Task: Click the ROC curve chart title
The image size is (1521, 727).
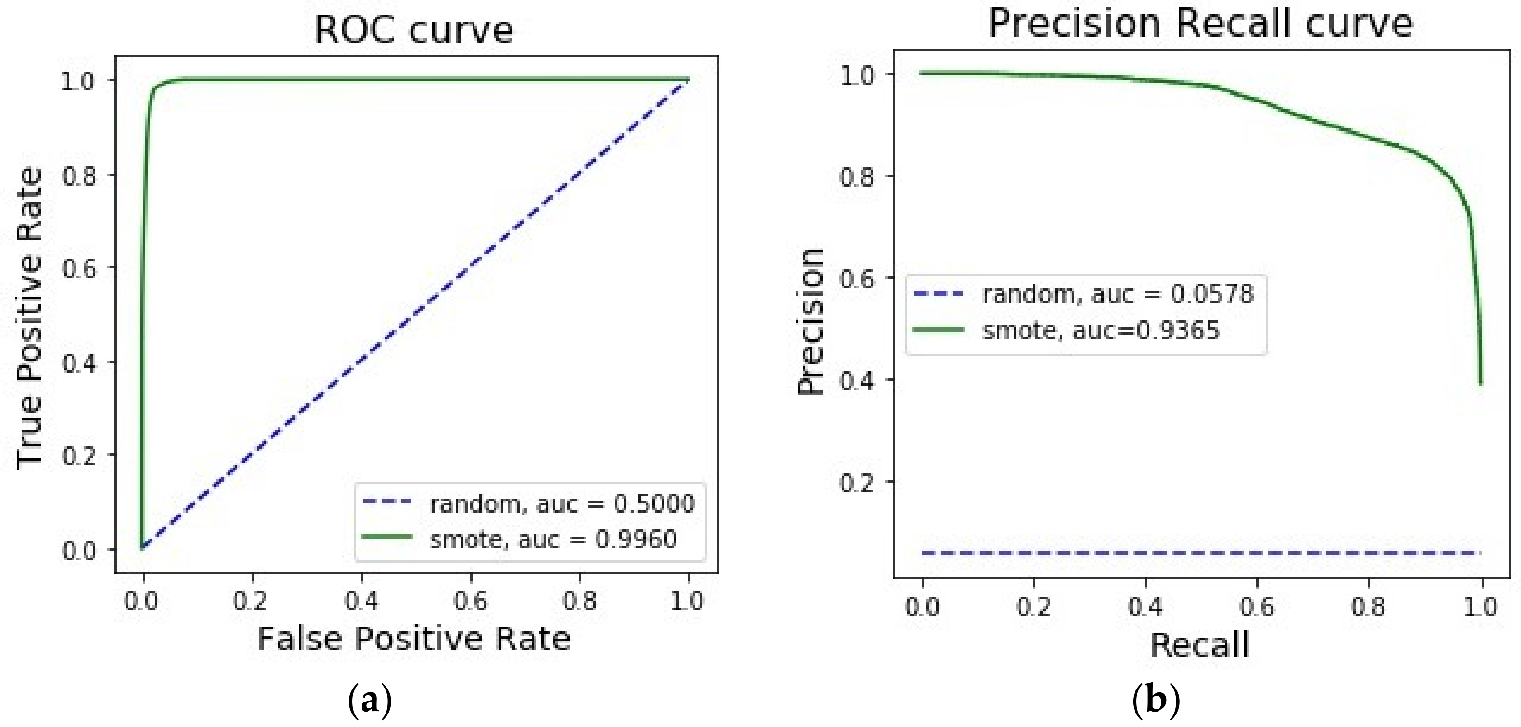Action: pyautogui.click(x=413, y=29)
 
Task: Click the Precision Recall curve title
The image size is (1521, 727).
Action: pyautogui.click(x=1200, y=24)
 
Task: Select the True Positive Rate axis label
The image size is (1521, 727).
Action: pyautogui.click(x=29, y=319)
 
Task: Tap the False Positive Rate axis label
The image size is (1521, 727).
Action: pyautogui.click(x=413, y=639)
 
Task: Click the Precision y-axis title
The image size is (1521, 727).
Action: pyautogui.click(x=810, y=322)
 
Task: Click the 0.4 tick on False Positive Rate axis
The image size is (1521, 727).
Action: pyautogui.click(x=362, y=601)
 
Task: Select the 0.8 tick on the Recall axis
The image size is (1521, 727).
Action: pyautogui.click(x=1369, y=606)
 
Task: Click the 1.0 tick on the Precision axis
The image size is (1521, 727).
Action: pyautogui.click(x=857, y=75)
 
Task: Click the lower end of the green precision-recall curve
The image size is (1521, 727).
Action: pyautogui.click(x=1480, y=383)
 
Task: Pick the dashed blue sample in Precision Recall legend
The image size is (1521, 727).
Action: pyautogui.click(x=938, y=293)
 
